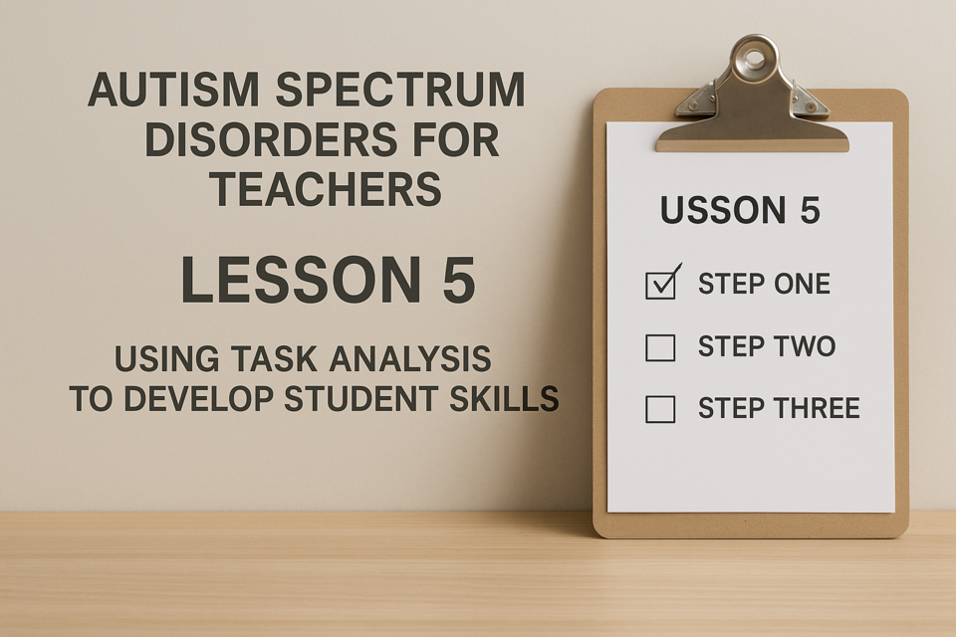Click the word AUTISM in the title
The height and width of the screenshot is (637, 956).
click(174, 90)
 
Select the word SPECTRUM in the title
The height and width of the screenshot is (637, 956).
click(401, 90)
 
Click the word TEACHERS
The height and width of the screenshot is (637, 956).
click(327, 189)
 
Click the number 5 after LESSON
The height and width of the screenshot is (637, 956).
click(459, 280)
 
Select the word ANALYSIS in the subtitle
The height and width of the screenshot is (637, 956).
click(410, 358)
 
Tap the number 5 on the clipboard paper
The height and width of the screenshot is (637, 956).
click(810, 210)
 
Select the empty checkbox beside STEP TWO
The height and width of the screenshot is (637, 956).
click(660, 348)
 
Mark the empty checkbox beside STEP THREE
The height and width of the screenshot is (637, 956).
click(660, 409)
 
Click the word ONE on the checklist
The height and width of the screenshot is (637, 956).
click(801, 284)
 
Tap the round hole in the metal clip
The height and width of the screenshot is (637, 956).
click(754, 59)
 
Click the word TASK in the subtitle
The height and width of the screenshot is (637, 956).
click(278, 358)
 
